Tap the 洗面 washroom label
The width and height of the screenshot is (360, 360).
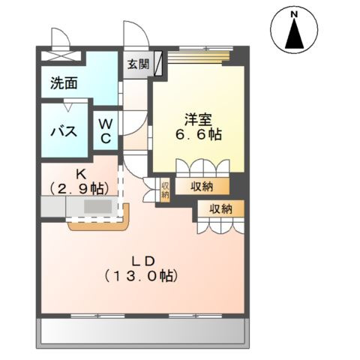[x=64, y=83]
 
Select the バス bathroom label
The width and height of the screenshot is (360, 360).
[x=64, y=132]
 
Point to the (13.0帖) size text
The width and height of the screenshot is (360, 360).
[x=142, y=276]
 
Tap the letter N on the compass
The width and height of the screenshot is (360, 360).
[x=295, y=13]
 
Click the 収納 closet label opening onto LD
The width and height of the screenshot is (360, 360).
[x=220, y=209]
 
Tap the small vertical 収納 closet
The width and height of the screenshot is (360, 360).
[x=165, y=190]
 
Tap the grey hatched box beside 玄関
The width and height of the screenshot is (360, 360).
[x=160, y=64]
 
